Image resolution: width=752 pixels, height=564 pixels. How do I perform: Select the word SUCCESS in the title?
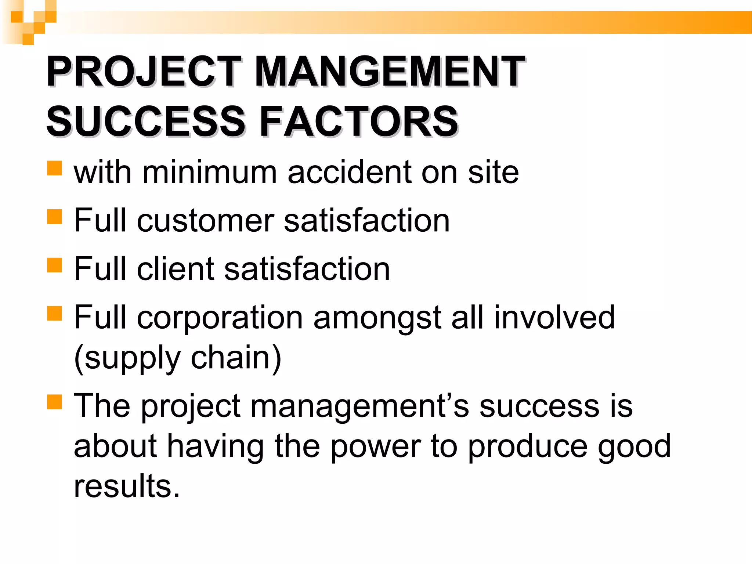point(145,121)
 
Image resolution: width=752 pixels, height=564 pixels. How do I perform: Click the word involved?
point(554,317)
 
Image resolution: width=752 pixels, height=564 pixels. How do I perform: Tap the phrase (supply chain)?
point(178,358)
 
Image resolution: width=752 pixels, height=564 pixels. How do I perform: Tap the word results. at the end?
point(127,486)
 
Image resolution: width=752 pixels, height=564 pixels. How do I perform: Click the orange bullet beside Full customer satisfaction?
point(54,217)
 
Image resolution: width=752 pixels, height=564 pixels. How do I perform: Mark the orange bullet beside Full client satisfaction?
point(54,265)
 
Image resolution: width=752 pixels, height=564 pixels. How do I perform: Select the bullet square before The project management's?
point(54,402)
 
